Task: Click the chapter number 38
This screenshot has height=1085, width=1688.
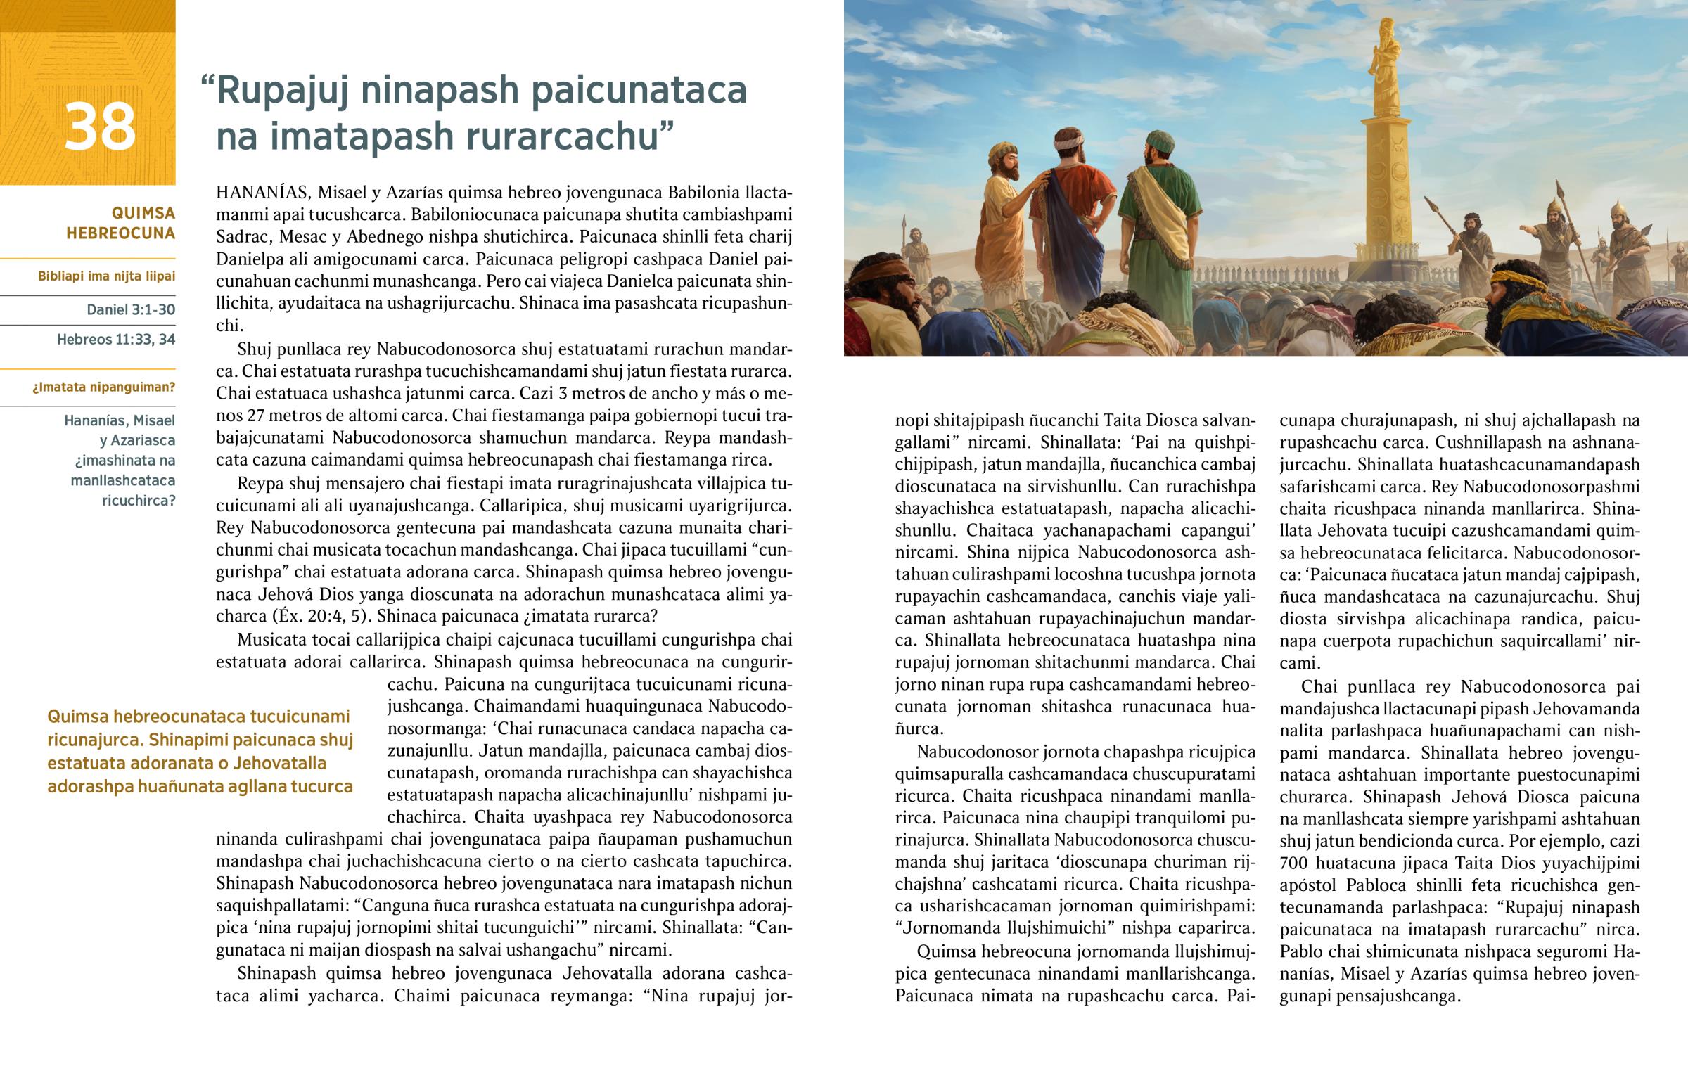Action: [x=99, y=127]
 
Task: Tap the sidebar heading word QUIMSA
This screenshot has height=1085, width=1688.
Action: [x=143, y=213]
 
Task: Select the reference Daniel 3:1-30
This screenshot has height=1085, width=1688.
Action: [x=131, y=309]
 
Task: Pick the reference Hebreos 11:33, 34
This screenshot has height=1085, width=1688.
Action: [x=116, y=340]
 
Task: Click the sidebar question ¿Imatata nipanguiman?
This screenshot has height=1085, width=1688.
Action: [x=103, y=387]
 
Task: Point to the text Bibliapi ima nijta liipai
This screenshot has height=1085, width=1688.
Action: [x=106, y=276]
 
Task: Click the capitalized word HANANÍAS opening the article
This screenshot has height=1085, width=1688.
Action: [x=262, y=193]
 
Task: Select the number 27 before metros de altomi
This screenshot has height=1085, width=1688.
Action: [x=252, y=416]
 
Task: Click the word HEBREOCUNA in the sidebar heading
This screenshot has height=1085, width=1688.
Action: [x=120, y=233]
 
